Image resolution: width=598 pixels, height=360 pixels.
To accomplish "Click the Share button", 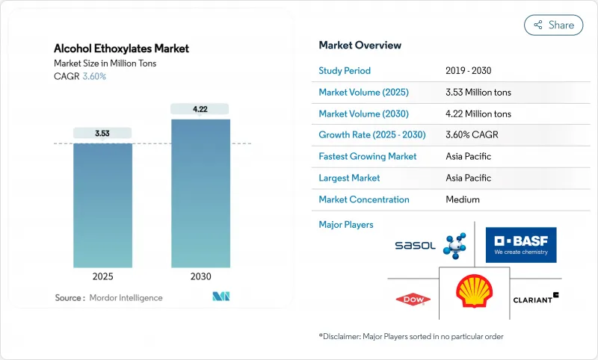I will pos(553,25).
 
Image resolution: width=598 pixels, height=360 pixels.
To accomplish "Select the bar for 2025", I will pos(102,205).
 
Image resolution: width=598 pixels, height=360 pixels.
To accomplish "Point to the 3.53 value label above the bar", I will pos(102,134).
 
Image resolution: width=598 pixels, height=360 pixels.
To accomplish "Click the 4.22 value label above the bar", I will pos(200,109).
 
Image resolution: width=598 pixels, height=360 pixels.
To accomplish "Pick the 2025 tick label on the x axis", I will pos(102,276).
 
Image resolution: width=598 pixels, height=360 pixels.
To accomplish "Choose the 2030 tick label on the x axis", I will pos(200,276).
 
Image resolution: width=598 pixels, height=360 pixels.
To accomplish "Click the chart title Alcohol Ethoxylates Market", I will pos(121,49).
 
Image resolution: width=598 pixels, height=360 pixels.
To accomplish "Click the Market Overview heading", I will pos(360,45).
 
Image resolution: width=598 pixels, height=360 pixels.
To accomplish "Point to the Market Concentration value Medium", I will pos(462,199).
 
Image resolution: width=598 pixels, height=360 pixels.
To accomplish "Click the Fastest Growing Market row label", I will pos(368,157).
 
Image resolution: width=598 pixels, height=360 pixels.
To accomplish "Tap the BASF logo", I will pos(520,245).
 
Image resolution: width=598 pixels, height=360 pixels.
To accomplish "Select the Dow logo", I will pos(413,300).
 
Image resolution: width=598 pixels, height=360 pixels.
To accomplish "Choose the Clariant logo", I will pos(536,299).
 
